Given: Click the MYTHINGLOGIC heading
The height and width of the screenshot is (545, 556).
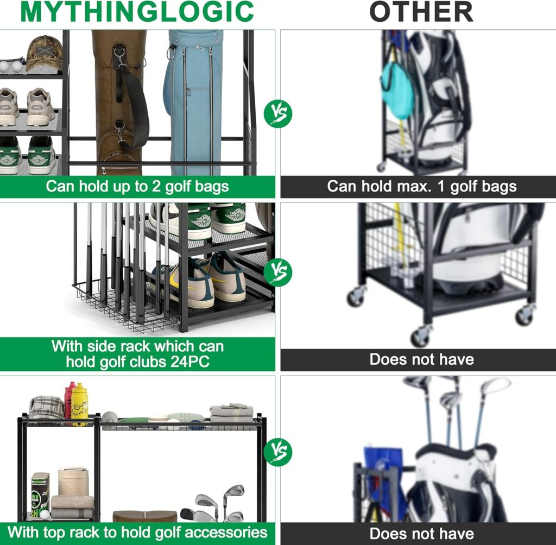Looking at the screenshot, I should (137, 12).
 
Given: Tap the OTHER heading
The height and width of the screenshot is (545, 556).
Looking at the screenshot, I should (421, 12).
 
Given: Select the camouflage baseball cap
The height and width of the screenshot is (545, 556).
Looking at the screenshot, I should (43, 52).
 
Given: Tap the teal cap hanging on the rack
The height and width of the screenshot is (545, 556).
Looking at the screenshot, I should (397, 90).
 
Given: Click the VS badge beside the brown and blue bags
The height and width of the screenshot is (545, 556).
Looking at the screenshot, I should (278, 114).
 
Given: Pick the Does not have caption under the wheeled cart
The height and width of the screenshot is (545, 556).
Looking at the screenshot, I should (421, 359).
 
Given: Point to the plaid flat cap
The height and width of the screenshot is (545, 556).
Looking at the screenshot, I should (46, 407).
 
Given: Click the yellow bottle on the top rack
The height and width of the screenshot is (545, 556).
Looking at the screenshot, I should (80, 404).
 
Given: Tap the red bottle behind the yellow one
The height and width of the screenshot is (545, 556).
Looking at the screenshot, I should (69, 399).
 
